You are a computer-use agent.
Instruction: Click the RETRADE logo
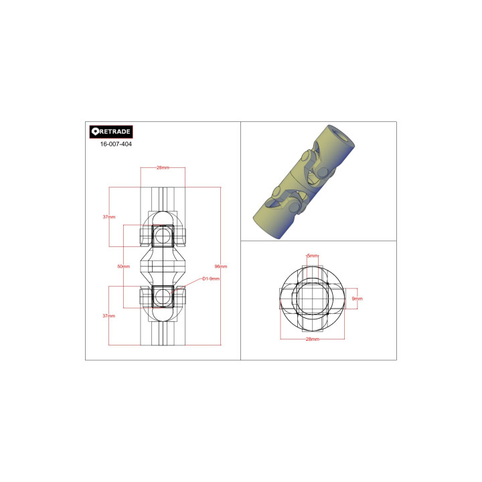[111, 131]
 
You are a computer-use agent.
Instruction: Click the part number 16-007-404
[116, 144]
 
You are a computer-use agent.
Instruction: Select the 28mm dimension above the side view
[162, 168]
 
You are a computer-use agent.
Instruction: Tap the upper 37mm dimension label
[109, 217]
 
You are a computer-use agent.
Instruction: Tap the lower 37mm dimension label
[109, 315]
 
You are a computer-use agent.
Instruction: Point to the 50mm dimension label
[123, 266]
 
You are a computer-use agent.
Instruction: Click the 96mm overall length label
[221, 266]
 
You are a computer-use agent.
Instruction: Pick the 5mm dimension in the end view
[312, 256]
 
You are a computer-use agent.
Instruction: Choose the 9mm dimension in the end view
[357, 299]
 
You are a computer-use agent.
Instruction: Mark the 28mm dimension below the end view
[312, 339]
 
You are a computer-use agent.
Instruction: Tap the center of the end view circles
[312, 299]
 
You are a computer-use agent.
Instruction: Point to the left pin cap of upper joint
[144, 236]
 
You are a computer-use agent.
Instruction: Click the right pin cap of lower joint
[181, 295]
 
